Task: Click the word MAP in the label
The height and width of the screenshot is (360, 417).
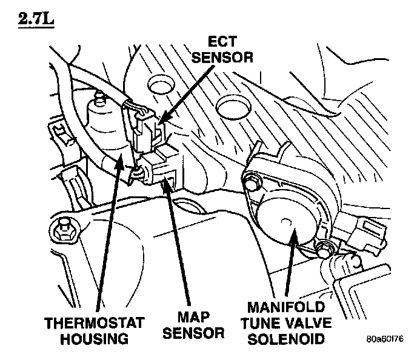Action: [x=194, y=317]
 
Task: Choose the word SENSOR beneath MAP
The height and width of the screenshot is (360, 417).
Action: [x=194, y=333]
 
